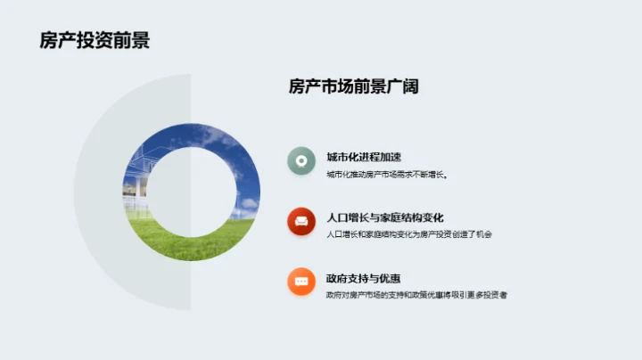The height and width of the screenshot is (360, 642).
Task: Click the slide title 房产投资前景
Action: tap(95, 41)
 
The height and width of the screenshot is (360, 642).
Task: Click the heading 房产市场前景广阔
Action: tap(354, 86)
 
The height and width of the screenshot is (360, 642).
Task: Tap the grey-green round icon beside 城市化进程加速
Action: tap(302, 160)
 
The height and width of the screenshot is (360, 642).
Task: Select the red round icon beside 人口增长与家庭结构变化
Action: tap(302, 221)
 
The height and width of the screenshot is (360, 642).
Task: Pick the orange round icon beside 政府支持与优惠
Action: tap(302, 282)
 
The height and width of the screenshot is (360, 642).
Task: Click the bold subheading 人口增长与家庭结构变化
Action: tap(385, 217)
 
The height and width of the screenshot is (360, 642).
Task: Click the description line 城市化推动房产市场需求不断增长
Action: tap(386, 174)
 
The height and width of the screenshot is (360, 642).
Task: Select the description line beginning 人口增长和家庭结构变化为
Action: tap(409, 234)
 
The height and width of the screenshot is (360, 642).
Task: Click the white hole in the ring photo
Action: tap(193, 191)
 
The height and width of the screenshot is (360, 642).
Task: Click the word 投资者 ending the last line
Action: tap(504, 295)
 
